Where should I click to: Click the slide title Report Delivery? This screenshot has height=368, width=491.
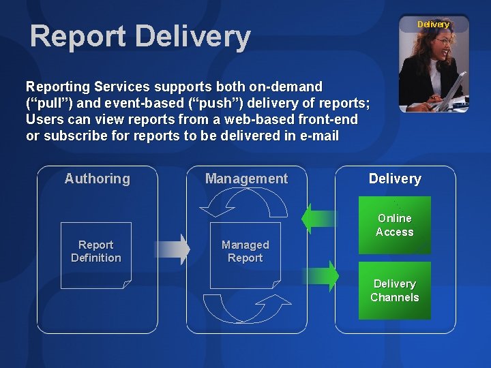[140, 36]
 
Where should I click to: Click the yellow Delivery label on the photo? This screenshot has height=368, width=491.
[433, 25]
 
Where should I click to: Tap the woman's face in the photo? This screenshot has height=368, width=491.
[443, 48]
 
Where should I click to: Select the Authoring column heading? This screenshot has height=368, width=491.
[97, 179]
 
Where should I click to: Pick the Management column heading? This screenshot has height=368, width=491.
[246, 179]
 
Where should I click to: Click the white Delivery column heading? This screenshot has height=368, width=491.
[395, 179]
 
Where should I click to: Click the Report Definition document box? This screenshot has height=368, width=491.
[95, 251]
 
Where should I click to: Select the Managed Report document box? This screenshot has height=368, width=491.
[245, 251]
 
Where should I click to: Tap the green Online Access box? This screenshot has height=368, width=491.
[395, 225]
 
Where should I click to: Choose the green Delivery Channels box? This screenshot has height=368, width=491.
[395, 290]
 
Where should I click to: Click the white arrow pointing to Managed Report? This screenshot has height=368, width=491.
[173, 249]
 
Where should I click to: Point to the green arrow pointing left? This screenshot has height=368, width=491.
[318, 219]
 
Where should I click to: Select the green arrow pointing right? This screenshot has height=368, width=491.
[321, 276]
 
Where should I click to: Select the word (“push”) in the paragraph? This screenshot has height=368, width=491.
[183, 103]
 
